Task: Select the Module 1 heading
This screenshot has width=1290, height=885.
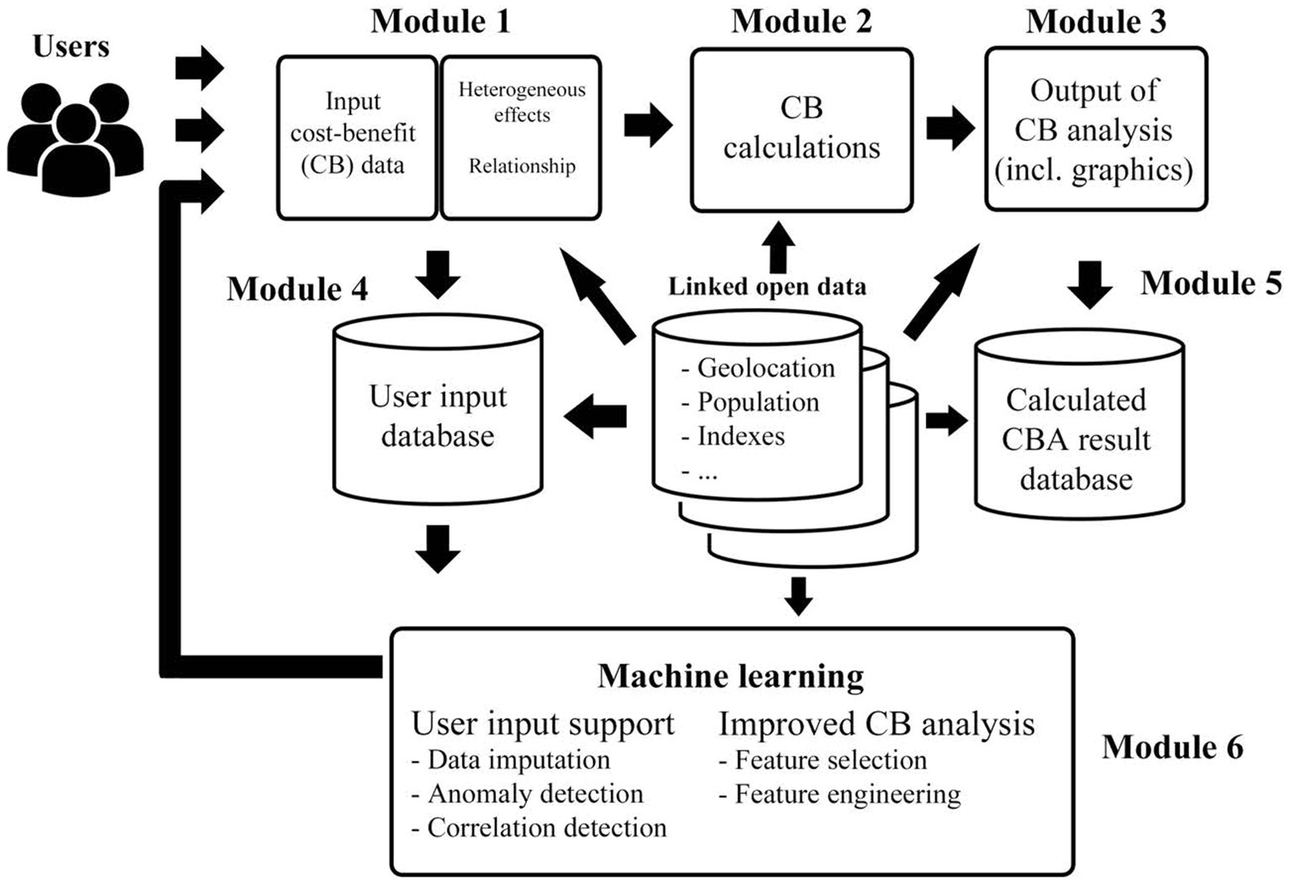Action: [x=440, y=22]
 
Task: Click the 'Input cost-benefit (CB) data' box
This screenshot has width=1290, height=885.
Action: [x=356, y=136]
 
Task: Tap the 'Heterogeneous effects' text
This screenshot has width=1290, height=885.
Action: [x=522, y=102]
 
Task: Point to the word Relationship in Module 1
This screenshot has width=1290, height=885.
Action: [x=522, y=166]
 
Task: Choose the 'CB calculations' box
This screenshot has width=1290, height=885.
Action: [x=801, y=129]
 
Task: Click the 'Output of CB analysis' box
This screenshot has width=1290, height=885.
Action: [x=1094, y=129]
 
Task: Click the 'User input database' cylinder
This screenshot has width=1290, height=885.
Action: [x=438, y=416]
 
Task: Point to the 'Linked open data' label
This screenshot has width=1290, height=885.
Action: [x=766, y=287]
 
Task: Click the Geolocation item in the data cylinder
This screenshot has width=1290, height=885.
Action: [x=765, y=368]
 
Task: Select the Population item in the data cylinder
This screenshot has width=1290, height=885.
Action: [x=757, y=402]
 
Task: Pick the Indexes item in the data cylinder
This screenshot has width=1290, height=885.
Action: [x=740, y=437]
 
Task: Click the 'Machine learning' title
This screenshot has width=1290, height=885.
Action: [x=730, y=676]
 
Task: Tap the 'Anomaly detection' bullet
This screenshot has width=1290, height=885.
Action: [x=534, y=793]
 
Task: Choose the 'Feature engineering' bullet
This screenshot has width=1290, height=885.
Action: [x=847, y=794]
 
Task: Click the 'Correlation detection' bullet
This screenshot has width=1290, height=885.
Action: [x=546, y=828]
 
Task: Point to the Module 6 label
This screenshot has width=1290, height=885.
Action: [x=1172, y=746]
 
